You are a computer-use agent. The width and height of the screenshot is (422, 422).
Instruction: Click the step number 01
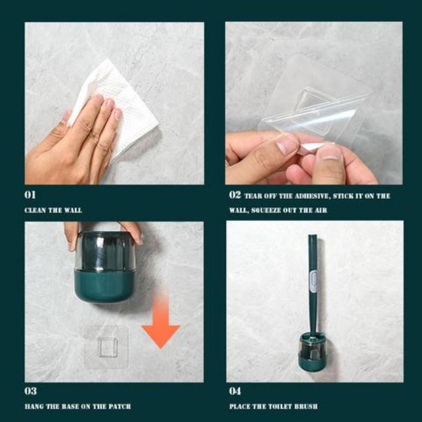pos(31,195)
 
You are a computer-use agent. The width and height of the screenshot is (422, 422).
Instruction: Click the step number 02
pos(235,195)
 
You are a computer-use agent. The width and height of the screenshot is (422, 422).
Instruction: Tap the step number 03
pos(31,391)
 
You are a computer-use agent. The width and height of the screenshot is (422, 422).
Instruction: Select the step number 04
pos(235,391)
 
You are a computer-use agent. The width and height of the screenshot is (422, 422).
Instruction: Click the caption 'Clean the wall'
pos(53,210)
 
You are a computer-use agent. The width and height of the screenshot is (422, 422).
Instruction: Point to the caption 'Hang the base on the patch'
pos(78,406)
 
